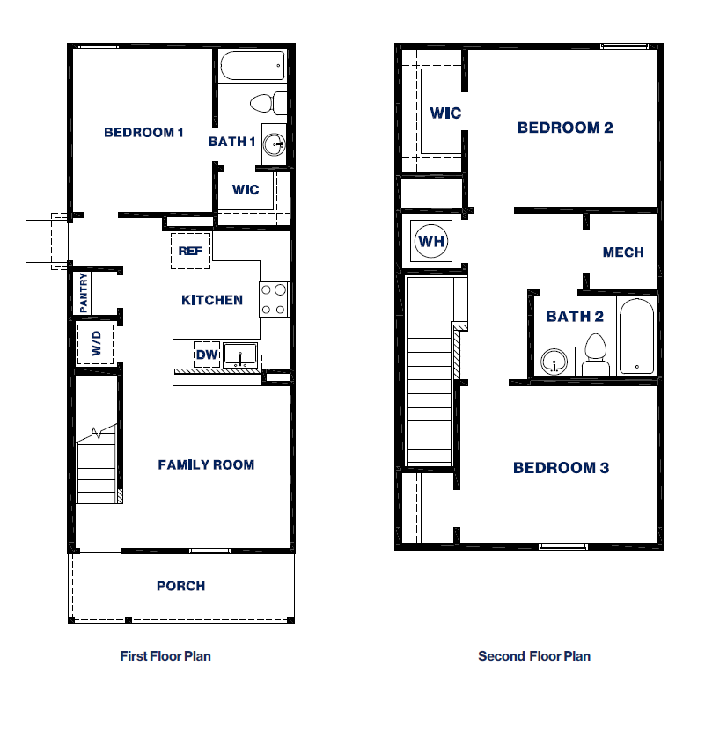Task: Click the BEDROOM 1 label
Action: click(x=143, y=133)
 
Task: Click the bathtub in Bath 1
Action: click(x=253, y=66)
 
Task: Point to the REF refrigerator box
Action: click(x=191, y=251)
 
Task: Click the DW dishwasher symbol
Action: click(x=206, y=354)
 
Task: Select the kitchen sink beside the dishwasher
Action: click(x=239, y=355)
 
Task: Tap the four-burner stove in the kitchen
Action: click(x=274, y=298)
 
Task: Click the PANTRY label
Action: click(x=84, y=293)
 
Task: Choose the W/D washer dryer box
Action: click(x=97, y=343)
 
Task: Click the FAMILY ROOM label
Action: click(x=206, y=464)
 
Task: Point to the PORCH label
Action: click(x=180, y=586)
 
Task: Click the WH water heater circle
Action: click(x=431, y=241)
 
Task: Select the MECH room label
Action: click(x=623, y=252)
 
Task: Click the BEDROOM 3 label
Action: click(x=561, y=468)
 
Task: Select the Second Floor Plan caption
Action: click(x=534, y=656)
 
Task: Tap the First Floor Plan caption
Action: click(x=165, y=656)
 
